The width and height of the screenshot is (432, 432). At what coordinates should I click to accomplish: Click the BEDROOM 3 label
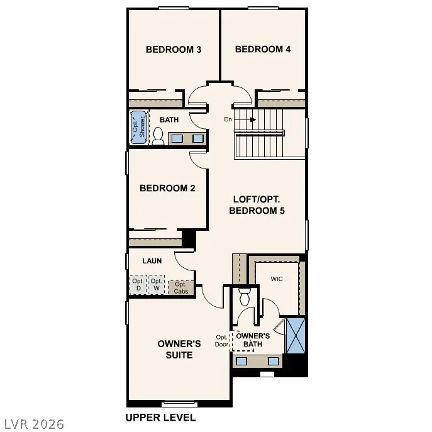click(x=174, y=50)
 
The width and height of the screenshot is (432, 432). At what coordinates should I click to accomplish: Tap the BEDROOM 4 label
click(x=263, y=50)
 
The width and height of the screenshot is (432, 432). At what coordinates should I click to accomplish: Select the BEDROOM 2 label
click(x=167, y=188)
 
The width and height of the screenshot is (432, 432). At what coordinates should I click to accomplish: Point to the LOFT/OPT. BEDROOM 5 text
click(x=257, y=205)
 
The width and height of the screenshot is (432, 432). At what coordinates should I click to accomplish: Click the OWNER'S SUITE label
click(x=179, y=350)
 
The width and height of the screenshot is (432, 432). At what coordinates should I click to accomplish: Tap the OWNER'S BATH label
click(x=253, y=340)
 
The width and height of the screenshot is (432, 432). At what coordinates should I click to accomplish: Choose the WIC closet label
click(x=277, y=278)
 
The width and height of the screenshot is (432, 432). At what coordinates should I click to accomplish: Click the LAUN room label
click(x=152, y=260)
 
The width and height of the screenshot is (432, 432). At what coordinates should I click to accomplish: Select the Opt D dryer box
click(x=138, y=285)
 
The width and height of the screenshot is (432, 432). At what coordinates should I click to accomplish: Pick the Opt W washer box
click(x=156, y=285)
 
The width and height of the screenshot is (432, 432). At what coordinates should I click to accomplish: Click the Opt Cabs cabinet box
click(x=181, y=287)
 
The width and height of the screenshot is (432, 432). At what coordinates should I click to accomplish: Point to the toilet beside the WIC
click(x=245, y=296)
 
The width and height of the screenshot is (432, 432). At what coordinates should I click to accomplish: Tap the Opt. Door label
click(x=221, y=340)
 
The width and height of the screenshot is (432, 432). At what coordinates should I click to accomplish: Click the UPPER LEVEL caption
click(x=160, y=418)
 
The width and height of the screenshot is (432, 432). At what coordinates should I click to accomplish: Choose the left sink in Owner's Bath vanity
click(x=241, y=361)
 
